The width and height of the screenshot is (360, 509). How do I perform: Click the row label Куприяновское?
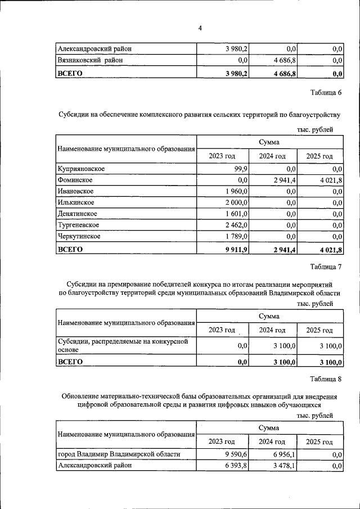pyautogui.click(x=81, y=169)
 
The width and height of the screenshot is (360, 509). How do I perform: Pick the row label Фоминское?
pyautogui.click(x=75, y=180)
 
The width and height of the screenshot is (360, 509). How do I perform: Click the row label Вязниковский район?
pyautogui.click(x=89, y=60)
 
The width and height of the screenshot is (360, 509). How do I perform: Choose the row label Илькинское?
pyautogui.click(x=75, y=202)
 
